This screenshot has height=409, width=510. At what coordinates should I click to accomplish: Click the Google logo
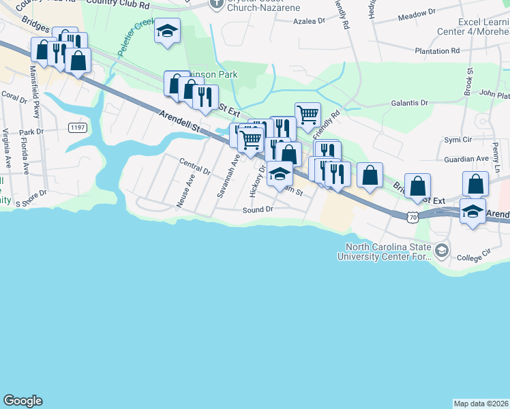tap(22, 401)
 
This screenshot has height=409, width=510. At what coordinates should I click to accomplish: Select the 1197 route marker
tap(77, 127)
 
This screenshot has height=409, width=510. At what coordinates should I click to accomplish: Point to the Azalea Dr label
tap(309, 21)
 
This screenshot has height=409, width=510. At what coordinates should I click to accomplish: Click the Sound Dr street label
tap(258, 210)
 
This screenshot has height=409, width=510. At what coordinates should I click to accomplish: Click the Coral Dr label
tap(14, 97)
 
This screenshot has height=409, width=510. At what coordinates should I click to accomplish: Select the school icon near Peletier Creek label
tap(166, 31)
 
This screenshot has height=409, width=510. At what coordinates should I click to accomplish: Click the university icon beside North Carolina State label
tap(441, 252)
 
